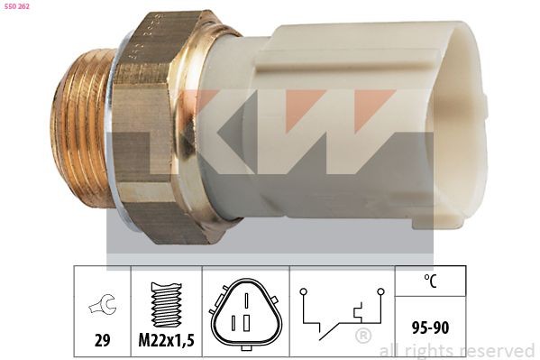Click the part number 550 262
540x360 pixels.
pos(18,8)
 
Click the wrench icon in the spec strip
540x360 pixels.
pos(101,308)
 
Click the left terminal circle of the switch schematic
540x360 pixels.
pos(304,291)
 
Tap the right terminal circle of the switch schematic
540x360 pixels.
pos(380,291)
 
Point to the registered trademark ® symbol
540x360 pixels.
pos(362,337)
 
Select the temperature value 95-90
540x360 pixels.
pos(430,327)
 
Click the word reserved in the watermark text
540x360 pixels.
pos(498,350)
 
